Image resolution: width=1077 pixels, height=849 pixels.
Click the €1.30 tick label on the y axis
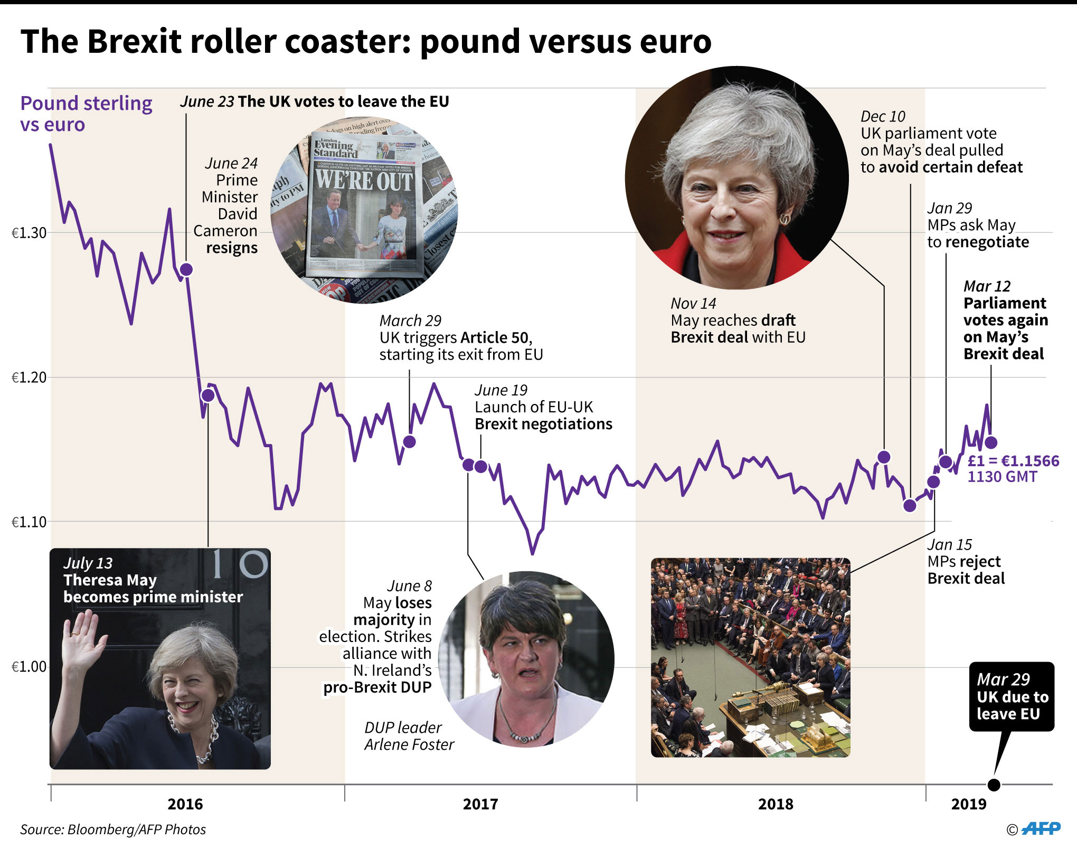click(x=29, y=233)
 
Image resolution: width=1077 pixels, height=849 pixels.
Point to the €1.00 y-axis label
click(x=29, y=667)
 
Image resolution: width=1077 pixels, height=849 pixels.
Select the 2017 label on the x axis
click(x=480, y=804)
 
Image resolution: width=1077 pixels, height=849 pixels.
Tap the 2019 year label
click(x=968, y=804)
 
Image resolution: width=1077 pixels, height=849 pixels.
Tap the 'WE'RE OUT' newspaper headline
click(x=364, y=181)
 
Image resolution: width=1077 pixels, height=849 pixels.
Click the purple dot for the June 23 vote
click(x=186, y=269)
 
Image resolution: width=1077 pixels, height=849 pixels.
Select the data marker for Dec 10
click(x=910, y=505)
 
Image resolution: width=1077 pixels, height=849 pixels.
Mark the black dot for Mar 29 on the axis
click(x=994, y=785)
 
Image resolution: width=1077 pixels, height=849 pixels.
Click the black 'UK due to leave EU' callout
click(x=1012, y=697)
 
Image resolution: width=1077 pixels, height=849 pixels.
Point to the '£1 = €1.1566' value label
click(x=1013, y=461)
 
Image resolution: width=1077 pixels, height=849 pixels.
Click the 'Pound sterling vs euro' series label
click(x=86, y=114)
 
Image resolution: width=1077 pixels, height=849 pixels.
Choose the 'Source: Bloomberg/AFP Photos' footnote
click(x=113, y=829)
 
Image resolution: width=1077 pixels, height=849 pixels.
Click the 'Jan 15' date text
click(x=949, y=544)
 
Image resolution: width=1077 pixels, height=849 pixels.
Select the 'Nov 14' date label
click(x=693, y=304)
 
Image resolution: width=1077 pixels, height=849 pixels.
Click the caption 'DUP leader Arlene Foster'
click(x=409, y=736)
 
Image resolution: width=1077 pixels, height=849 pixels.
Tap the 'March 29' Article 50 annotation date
click(x=410, y=320)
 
